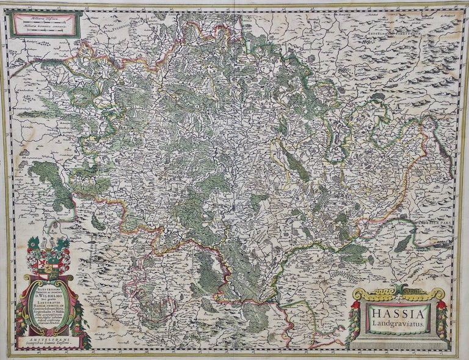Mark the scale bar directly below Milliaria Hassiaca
44,22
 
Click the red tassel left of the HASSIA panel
355,309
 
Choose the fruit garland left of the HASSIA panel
357,324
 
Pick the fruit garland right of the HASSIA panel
440,324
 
